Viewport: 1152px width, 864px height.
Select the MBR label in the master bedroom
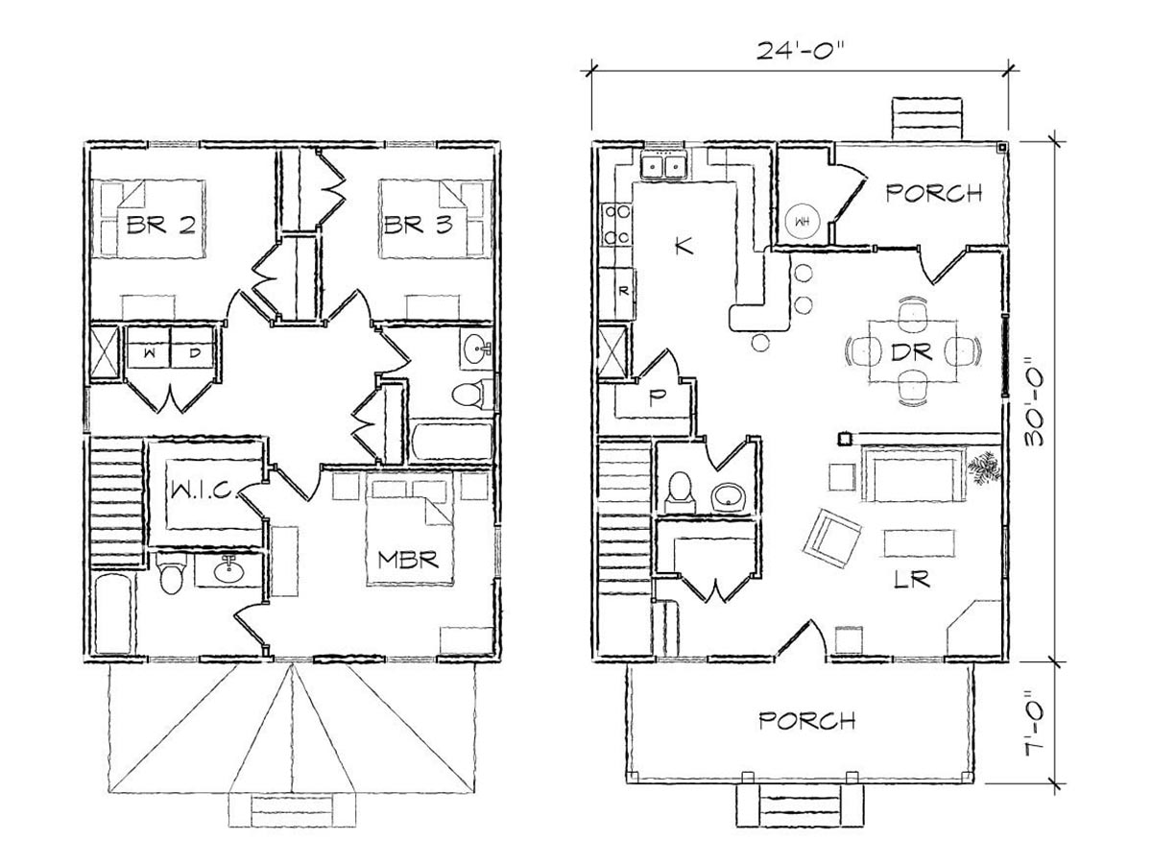click(x=408, y=560)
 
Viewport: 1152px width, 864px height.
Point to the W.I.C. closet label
click(x=205, y=491)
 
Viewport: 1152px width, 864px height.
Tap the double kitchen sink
click(x=663, y=168)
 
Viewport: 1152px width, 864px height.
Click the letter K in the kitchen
click(x=684, y=245)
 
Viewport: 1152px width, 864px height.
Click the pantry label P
click(x=655, y=398)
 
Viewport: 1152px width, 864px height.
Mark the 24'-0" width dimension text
click(x=801, y=51)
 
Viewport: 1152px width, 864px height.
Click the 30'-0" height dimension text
click(x=1035, y=401)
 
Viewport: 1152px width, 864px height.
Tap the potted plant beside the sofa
click(x=982, y=468)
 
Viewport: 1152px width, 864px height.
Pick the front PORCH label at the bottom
click(x=807, y=720)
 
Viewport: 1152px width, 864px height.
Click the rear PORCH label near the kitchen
click(x=934, y=193)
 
